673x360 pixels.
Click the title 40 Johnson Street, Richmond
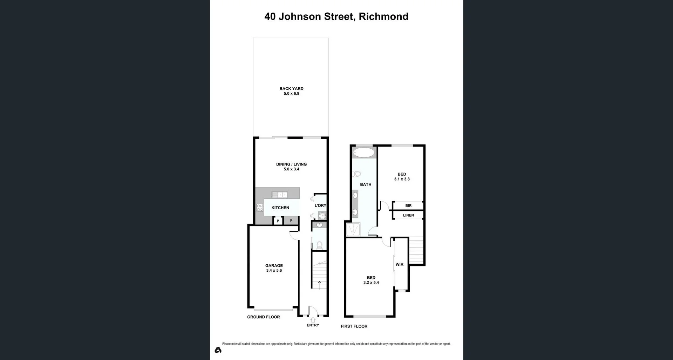(x=336, y=16)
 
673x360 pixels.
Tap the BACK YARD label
(x=291, y=89)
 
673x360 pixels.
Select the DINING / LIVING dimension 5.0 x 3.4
(x=291, y=169)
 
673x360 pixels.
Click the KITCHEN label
(x=280, y=208)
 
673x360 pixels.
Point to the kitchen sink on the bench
(x=279, y=195)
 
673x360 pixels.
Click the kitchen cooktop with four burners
(x=260, y=208)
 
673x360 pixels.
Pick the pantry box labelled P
(x=278, y=221)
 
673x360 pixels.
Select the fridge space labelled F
(x=291, y=220)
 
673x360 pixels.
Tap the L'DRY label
(x=320, y=206)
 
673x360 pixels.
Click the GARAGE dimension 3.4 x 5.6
(x=274, y=271)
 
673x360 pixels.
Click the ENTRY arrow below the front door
(x=313, y=320)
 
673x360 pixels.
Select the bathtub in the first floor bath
(x=364, y=152)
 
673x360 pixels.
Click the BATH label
(x=366, y=184)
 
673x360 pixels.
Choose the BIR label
(x=408, y=206)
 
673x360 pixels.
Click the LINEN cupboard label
(x=408, y=215)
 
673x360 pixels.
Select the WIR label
(x=400, y=265)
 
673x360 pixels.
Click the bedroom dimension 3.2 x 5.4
(x=371, y=283)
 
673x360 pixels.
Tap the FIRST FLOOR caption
(x=354, y=326)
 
